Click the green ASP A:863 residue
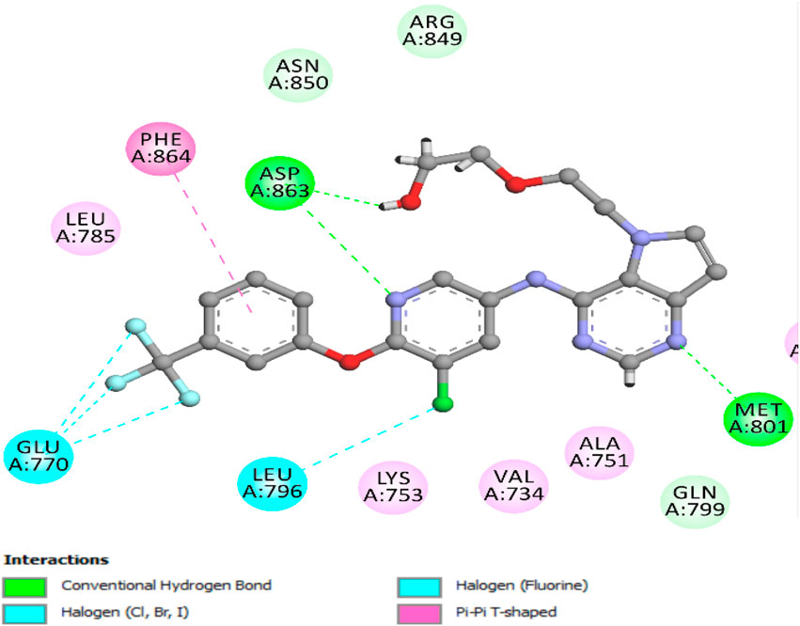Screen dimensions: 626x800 click(x=279, y=181)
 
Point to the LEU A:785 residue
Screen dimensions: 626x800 click(x=86, y=228)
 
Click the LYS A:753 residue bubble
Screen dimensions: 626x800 click(x=393, y=486)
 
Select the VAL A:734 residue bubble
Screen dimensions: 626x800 click(x=513, y=486)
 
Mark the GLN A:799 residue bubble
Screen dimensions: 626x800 click(x=695, y=501)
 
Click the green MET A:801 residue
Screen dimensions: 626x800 click(x=759, y=419)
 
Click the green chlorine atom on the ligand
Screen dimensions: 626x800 click(x=440, y=405)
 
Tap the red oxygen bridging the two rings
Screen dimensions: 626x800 click(x=350, y=359)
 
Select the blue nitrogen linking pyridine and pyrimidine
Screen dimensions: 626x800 click(x=535, y=279)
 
